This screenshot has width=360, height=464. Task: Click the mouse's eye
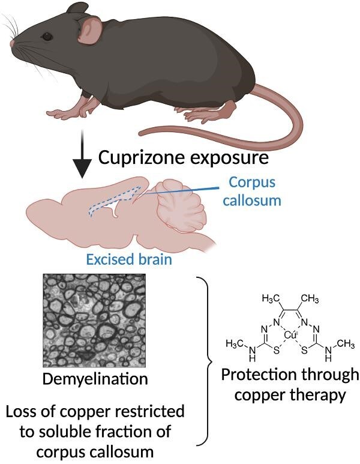point(46,37)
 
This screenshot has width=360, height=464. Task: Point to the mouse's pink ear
point(89,31)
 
